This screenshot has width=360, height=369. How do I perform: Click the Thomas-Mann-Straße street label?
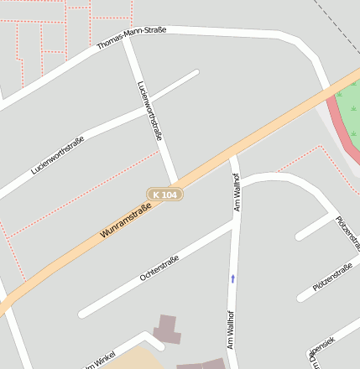coord(132,38)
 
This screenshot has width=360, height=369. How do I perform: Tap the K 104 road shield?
coord(165,195)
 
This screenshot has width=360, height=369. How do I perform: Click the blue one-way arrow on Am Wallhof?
coord(233,278)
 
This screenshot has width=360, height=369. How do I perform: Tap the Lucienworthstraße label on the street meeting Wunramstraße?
coord(149,110)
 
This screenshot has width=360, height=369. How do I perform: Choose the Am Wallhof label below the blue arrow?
coord(230,327)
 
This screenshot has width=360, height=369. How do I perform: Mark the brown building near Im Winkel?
coord(166,329)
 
